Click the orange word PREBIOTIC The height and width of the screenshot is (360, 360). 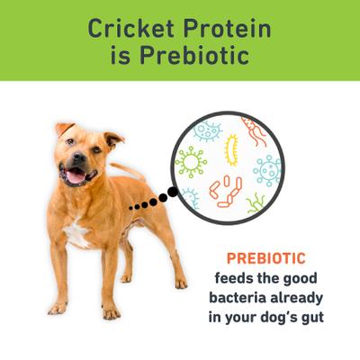(x=270, y=256)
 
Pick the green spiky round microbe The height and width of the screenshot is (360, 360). (x=191, y=162)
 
